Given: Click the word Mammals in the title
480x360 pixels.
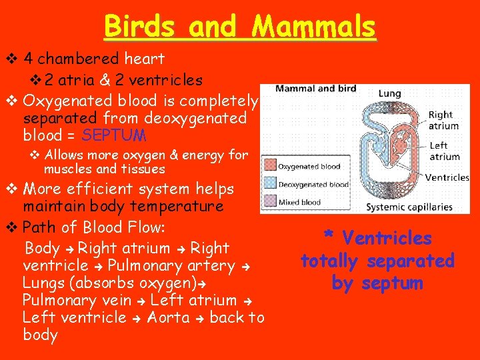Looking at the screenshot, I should [x=315, y=27].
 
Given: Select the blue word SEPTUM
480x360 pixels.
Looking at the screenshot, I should [x=114, y=135].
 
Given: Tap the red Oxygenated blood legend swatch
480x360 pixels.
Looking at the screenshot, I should [x=270, y=167].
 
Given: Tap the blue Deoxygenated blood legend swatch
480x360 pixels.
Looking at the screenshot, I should [x=270, y=185].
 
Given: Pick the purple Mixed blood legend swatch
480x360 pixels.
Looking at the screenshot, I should [x=270, y=202].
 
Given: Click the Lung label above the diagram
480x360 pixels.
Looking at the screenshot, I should [x=389, y=94].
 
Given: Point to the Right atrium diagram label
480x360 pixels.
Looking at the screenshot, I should [x=443, y=121].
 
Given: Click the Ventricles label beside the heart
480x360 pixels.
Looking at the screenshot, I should [x=447, y=177].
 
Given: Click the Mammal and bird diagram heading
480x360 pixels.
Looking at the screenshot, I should [x=315, y=89].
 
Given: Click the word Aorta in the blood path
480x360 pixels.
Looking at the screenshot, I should [x=169, y=317].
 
